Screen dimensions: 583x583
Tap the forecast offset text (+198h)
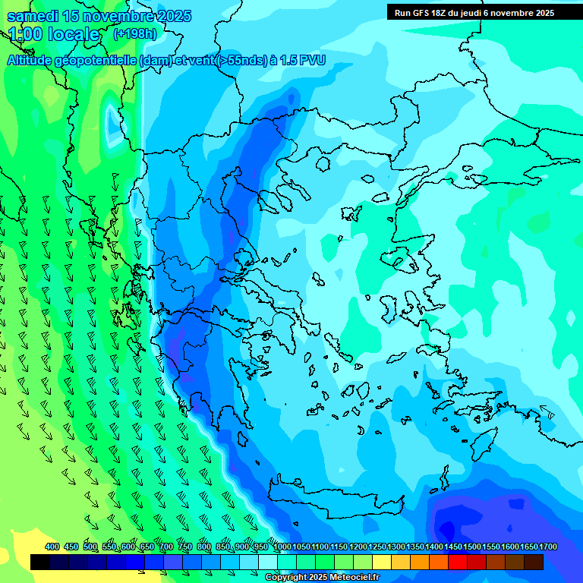134,34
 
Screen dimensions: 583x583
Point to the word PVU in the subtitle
311,60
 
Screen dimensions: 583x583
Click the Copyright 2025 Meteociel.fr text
322,578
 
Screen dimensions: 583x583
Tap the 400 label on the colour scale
52,547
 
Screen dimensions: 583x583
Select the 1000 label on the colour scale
282,547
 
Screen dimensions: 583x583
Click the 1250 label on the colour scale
377,547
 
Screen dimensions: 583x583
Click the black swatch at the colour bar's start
40,563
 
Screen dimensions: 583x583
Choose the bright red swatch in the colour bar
458,563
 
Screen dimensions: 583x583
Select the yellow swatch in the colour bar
382,563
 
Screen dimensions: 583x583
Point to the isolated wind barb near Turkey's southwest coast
547,414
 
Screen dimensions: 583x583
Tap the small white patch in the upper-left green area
114,121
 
